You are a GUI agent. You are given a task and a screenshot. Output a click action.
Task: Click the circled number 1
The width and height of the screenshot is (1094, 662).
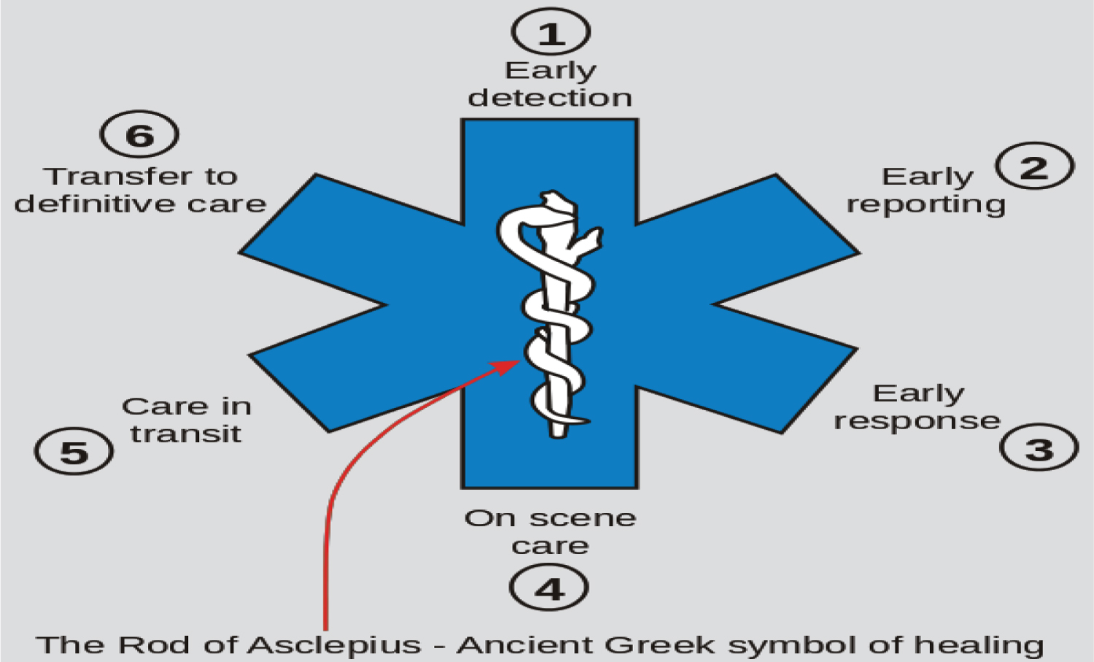tap(551, 32)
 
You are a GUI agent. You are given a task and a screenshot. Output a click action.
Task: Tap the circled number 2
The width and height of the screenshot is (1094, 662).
tap(1035, 166)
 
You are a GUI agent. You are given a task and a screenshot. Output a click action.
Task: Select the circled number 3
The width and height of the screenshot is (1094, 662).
tap(1039, 447)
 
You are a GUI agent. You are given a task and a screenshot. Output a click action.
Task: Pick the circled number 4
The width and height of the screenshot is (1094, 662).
tap(549, 588)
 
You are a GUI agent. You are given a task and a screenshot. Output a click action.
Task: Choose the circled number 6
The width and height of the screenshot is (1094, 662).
tap(139, 135)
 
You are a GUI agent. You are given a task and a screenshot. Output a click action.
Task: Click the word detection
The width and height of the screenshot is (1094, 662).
tap(550, 97)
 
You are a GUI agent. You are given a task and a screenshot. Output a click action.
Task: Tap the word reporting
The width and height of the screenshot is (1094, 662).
tap(926, 204)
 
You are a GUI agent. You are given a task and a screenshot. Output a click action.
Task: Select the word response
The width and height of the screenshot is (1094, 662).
tap(917, 421)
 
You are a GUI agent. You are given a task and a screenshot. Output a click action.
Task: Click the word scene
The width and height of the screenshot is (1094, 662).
tap(583, 518)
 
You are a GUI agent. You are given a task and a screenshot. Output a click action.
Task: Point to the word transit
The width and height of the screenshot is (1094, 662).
tap(185, 434)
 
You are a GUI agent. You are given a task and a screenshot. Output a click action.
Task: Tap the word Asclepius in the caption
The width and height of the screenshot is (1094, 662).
tap(335, 644)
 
